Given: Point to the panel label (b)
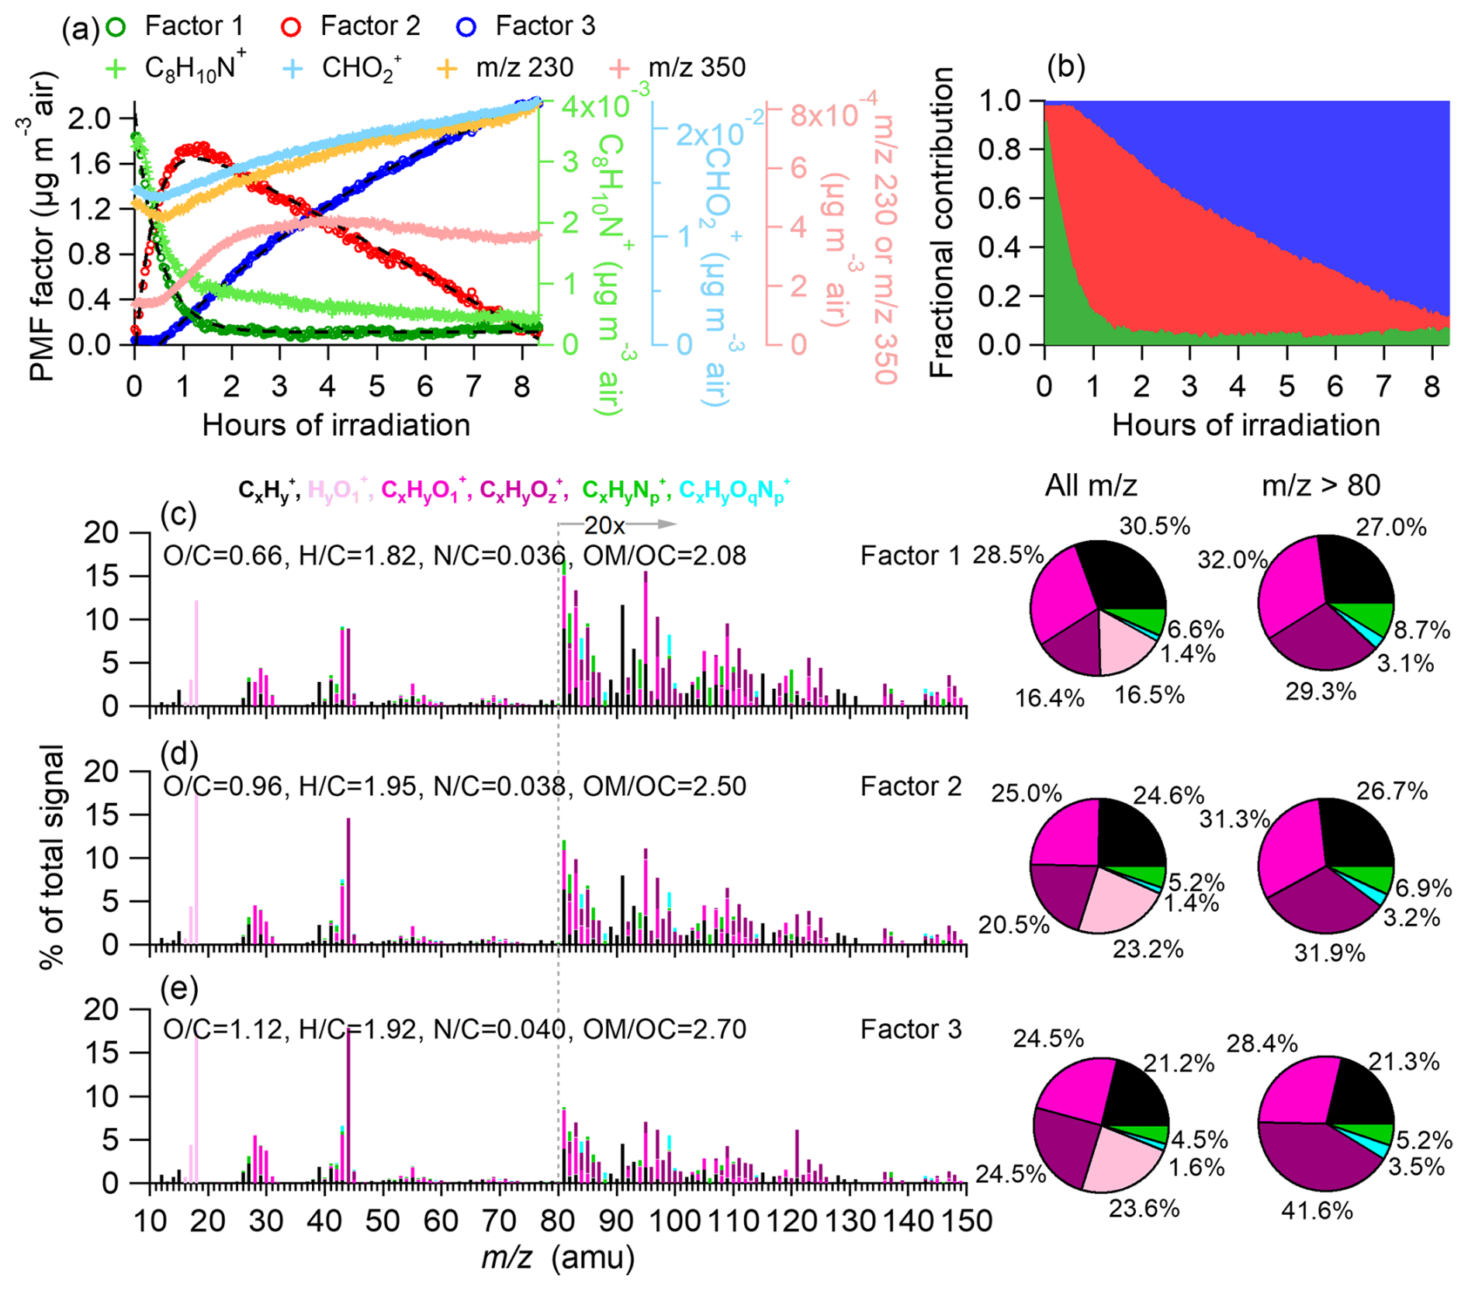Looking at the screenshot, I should [1065, 67].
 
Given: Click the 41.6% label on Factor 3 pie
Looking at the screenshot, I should [1317, 1210].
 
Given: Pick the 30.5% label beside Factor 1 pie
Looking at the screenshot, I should [1155, 526].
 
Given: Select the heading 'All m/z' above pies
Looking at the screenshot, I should [1090, 486].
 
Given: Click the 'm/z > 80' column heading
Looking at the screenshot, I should [1321, 486].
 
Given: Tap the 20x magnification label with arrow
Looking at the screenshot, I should [604, 525].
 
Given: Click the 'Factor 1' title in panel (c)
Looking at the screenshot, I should [909, 555].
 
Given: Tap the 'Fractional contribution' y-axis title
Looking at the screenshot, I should [941, 223].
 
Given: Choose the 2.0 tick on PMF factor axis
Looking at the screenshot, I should [88, 118].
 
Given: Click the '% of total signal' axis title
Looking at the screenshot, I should [53, 856].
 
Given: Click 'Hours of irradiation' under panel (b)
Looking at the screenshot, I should [1245, 425].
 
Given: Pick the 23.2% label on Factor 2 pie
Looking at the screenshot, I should [1148, 949].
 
